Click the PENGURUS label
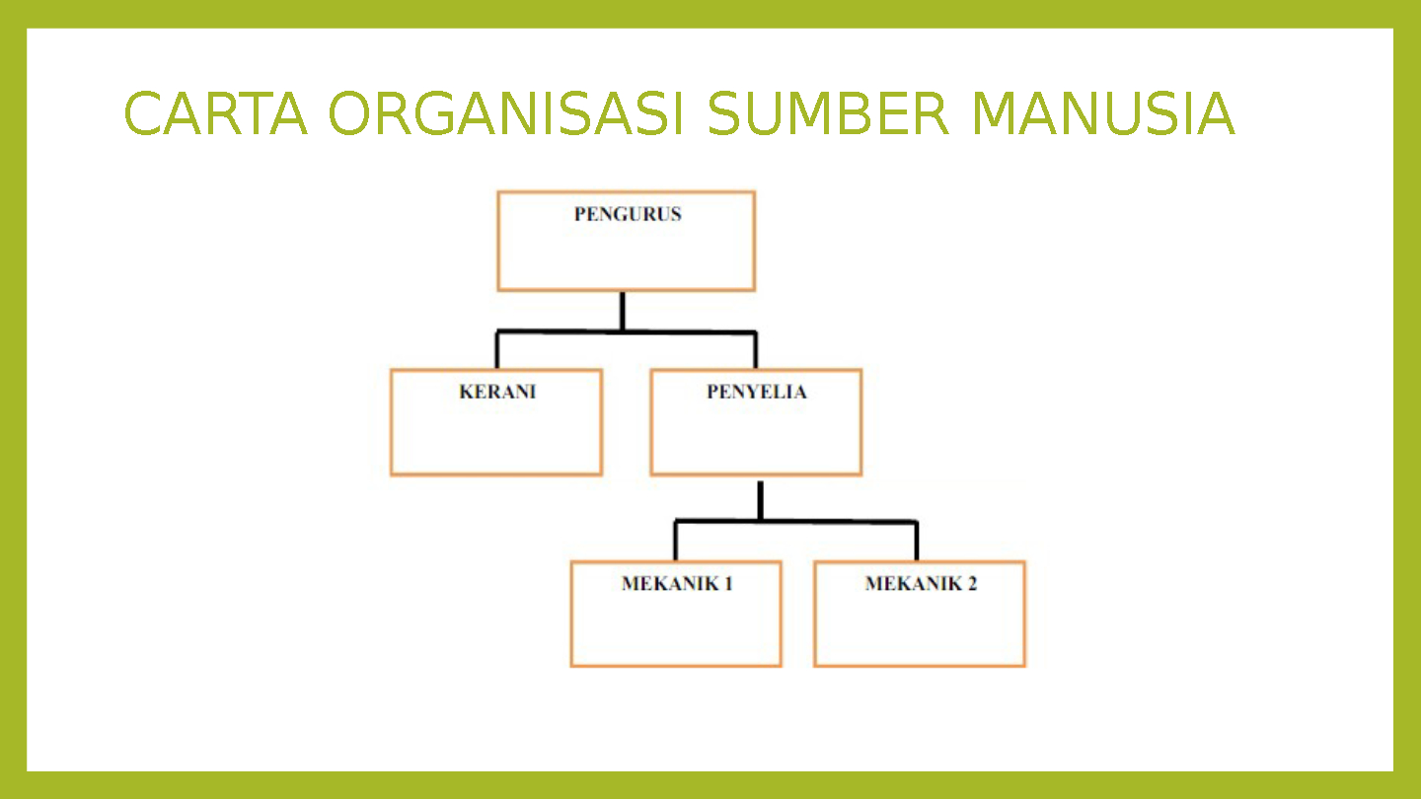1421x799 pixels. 628,214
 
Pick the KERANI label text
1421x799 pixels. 497,392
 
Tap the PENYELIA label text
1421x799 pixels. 756,392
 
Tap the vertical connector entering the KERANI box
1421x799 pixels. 497,351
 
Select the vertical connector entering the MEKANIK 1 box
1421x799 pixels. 676,542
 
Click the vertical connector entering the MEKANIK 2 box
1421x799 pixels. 917,542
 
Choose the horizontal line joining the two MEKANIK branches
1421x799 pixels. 839,521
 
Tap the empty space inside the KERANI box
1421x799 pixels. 496,439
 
